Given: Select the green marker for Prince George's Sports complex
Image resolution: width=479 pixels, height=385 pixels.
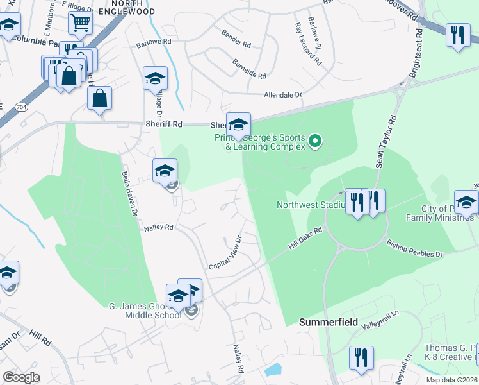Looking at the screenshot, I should coord(314,140).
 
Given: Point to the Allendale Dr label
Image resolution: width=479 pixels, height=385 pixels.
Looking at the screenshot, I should coord(282,95).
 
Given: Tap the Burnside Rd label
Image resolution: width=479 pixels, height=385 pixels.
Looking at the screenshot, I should coord(249,71).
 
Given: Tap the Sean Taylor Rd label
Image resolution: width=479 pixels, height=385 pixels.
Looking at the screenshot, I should coord(386,142).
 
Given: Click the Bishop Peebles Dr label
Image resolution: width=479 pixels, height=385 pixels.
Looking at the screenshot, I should coord(414,249).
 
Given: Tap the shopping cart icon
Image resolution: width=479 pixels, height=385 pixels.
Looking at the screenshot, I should coord(81,24).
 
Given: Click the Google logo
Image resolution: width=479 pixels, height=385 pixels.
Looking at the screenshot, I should coord(21,377).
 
